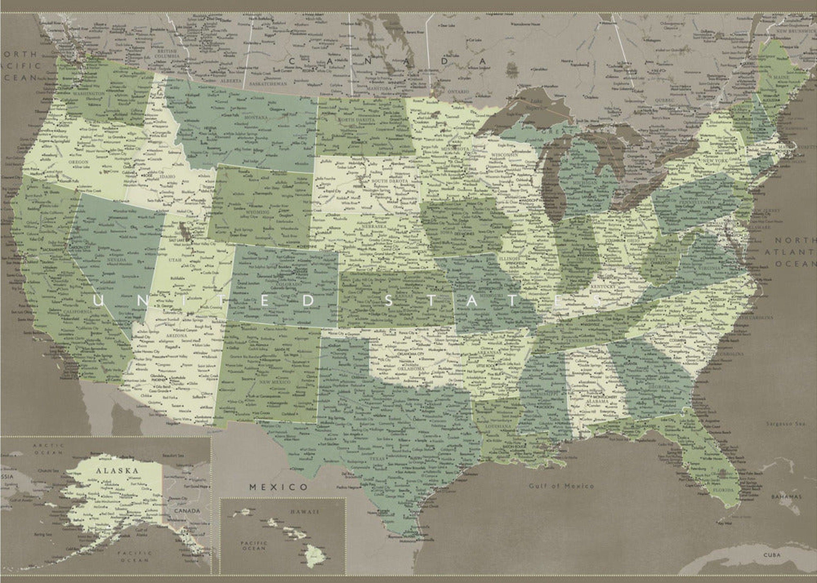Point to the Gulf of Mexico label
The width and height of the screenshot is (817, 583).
click(561, 486)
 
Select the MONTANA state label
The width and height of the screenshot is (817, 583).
click(256, 117)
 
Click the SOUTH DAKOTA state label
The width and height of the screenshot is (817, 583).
click(390, 181)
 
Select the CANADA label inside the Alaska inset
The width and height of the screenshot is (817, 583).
click(187, 510)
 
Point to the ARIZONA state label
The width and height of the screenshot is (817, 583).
click(176, 335)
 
